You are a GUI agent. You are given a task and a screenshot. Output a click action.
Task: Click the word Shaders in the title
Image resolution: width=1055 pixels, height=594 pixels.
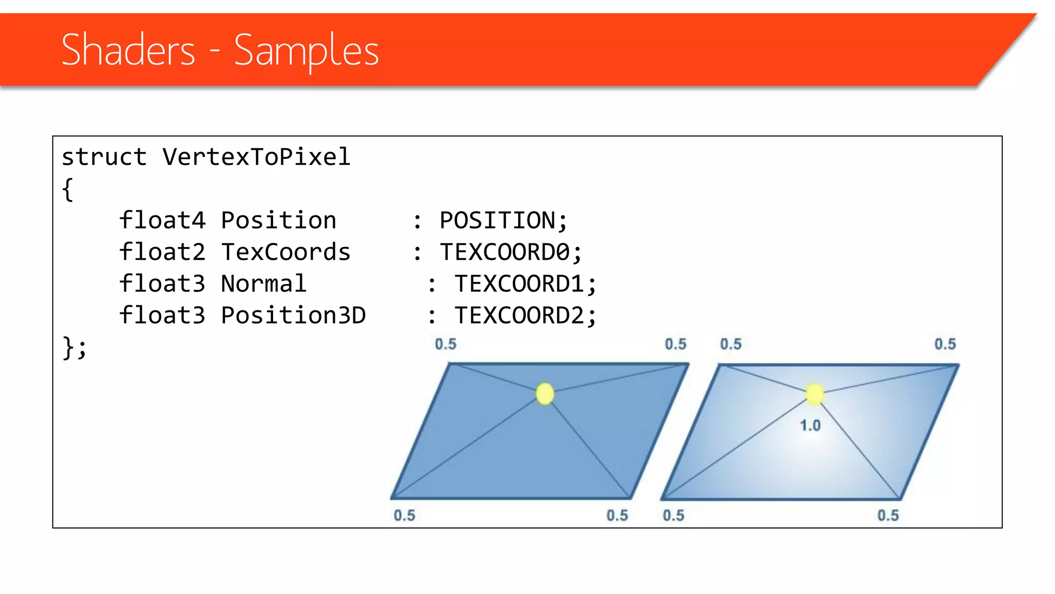128,49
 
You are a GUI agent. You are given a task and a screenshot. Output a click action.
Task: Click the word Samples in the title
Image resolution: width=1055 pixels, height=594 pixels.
307,51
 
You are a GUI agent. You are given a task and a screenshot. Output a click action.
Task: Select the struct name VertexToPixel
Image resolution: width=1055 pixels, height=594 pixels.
256,157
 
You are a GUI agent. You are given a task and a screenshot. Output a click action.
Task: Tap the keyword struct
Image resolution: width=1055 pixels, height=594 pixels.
104,157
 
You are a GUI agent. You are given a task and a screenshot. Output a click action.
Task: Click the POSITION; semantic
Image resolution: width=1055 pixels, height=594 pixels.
503,221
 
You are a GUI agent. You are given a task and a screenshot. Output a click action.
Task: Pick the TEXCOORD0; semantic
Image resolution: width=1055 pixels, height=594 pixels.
511,252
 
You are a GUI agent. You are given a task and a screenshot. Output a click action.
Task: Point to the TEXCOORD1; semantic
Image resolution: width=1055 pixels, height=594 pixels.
525,284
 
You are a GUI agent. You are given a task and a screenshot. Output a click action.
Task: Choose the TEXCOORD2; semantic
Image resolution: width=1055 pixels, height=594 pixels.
525,315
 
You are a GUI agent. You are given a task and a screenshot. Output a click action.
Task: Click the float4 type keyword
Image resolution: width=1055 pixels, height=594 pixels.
162,221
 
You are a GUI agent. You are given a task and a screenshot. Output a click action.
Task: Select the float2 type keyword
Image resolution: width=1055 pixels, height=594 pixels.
162,252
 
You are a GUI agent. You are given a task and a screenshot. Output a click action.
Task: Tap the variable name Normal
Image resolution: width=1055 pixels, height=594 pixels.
263,284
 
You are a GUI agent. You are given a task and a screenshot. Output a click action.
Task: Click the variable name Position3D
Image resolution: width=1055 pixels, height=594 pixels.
293,315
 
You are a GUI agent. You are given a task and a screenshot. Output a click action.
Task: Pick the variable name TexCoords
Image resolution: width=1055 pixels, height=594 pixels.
285,252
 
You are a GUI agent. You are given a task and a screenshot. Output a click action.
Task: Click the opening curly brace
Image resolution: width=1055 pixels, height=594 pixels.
67,189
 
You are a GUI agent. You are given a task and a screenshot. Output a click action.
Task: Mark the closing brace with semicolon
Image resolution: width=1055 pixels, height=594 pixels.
74,348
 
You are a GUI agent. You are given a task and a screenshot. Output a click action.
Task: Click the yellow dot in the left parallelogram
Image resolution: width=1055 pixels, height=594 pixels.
544,394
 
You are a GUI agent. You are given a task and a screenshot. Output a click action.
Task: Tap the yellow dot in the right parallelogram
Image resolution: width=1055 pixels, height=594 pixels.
814,394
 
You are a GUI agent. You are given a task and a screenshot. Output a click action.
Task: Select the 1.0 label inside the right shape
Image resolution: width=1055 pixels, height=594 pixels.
810,426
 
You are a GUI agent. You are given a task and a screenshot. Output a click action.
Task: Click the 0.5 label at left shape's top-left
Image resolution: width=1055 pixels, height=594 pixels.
446,344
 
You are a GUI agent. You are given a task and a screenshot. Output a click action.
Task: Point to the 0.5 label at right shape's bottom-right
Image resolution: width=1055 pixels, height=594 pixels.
888,515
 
